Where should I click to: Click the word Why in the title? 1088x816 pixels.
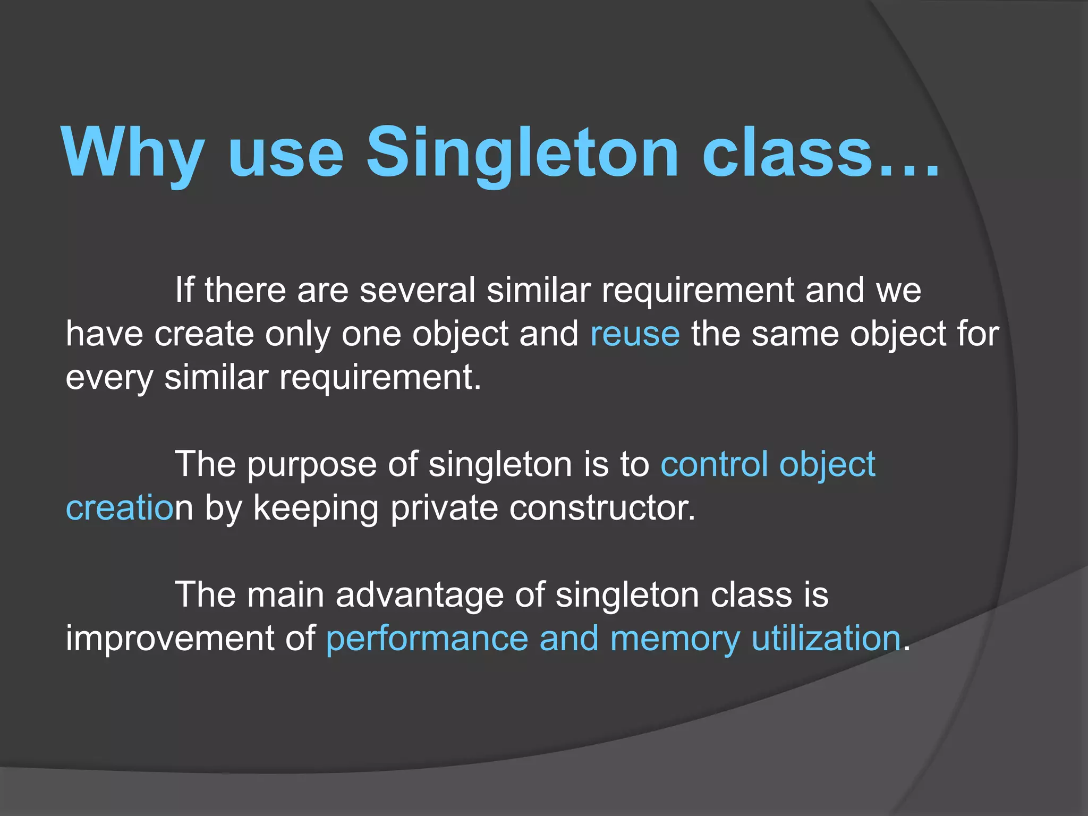pos(133,152)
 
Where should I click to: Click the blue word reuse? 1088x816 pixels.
pos(635,335)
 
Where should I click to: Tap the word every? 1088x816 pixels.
pos(109,378)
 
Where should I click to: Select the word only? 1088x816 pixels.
pos(297,335)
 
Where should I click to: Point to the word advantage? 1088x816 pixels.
pos(419,596)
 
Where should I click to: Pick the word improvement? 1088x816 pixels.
pos(170,639)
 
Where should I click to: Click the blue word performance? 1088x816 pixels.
pos(427,639)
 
